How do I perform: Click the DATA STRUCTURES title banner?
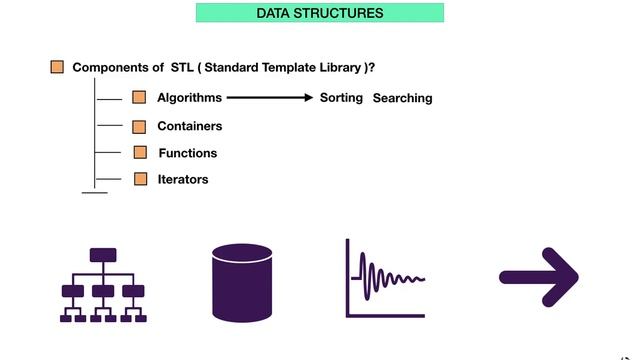pos(319,13)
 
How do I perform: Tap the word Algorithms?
pos(190,98)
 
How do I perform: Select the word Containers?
pos(190,126)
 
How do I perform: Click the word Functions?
pos(188,153)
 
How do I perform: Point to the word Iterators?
pos(183,179)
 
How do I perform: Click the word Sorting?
pos(341,98)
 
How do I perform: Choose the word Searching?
pos(402,98)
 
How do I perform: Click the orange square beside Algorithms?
pos(139,98)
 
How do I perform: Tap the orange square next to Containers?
pos(139,126)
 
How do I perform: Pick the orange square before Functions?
pos(140,152)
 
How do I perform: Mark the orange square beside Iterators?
pos(140,179)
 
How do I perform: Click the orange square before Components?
pos(57,67)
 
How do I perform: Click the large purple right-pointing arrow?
pos(539,277)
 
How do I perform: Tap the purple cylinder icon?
pos(242,281)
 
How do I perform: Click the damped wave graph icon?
pos(386,278)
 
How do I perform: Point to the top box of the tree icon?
pos(103,254)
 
